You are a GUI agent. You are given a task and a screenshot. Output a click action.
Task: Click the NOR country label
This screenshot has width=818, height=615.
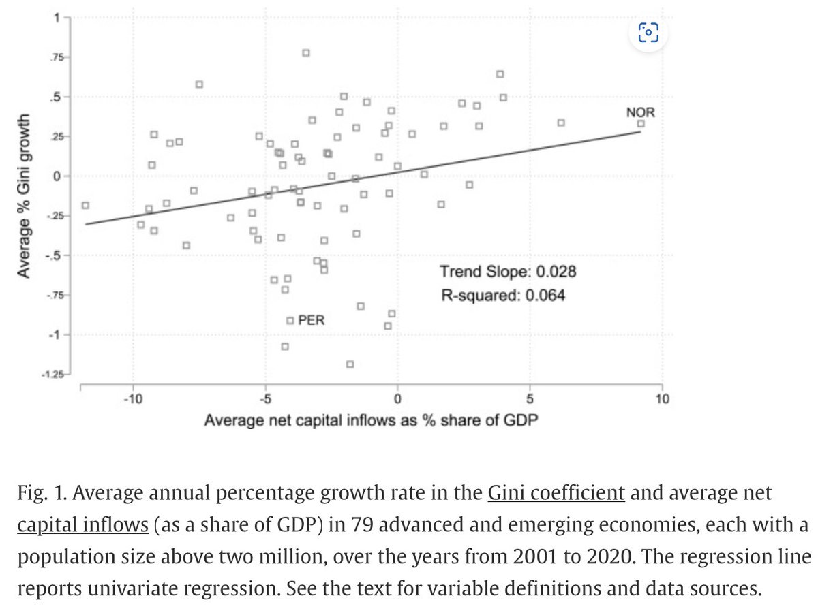click(640, 111)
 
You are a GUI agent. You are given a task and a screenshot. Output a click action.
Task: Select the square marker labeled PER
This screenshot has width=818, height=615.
click(290, 320)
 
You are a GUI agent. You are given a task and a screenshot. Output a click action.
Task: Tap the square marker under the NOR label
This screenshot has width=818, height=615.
click(641, 123)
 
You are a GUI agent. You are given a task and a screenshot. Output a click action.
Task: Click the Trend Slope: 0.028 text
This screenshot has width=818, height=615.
click(508, 272)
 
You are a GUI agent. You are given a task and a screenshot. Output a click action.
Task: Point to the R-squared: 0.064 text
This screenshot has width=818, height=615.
click(502, 296)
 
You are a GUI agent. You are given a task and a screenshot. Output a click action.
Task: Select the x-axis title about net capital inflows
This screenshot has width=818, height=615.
click(372, 420)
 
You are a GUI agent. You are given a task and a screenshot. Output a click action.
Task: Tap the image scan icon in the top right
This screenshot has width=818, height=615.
click(648, 32)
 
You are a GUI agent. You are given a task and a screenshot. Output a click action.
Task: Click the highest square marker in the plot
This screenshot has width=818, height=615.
click(306, 53)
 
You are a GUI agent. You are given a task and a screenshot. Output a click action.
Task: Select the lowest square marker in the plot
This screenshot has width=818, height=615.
click(350, 364)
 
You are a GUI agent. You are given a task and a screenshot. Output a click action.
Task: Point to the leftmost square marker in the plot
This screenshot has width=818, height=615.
click(85, 205)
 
